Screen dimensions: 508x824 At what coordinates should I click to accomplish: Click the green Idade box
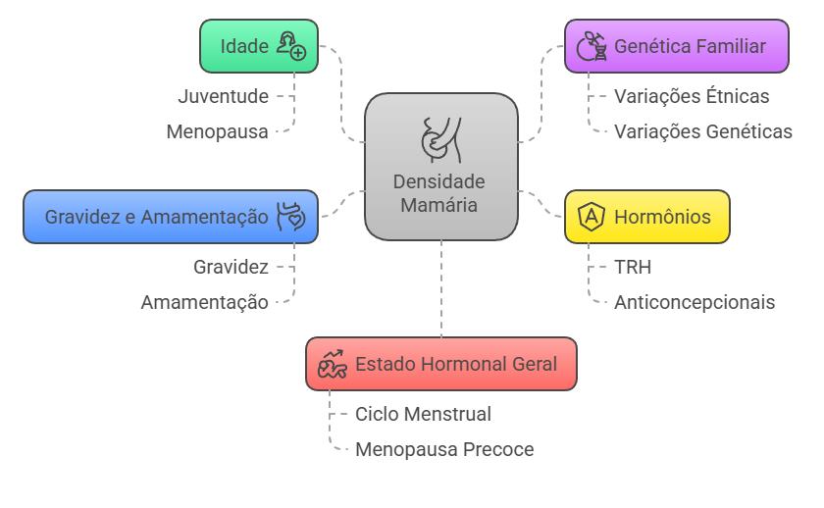tap(258, 46)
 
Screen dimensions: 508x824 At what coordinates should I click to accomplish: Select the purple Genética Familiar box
tap(677, 46)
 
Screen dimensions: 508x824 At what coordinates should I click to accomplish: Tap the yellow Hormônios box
tap(647, 217)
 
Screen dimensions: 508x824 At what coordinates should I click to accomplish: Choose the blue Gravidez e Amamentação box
tap(171, 217)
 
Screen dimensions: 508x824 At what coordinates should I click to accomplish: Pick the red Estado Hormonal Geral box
tap(440, 364)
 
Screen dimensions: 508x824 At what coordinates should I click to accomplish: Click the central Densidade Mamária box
tap(440, 167)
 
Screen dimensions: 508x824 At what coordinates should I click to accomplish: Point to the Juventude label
tap(223, 96)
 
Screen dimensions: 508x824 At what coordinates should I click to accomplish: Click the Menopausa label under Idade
tap(217, 131)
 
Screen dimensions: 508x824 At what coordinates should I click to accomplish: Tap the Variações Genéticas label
tap(703, 131)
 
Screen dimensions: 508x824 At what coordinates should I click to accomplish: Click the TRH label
tap(633, 267)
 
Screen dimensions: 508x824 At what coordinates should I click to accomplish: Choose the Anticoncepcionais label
tap(695, 302)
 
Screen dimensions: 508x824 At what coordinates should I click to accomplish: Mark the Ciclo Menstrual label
tap(423, 414)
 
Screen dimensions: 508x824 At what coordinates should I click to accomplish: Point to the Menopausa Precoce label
tap(444, 449)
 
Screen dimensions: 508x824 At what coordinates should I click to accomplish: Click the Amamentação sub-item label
tap(204, 302)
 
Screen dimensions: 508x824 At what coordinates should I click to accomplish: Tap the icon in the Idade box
tap(290, 46)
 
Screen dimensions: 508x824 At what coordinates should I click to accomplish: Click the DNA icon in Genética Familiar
tap(592, 46)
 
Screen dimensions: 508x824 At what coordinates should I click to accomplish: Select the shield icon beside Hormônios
tap(592, 217)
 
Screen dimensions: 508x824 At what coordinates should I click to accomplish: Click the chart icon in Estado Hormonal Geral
tap(333, 364)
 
